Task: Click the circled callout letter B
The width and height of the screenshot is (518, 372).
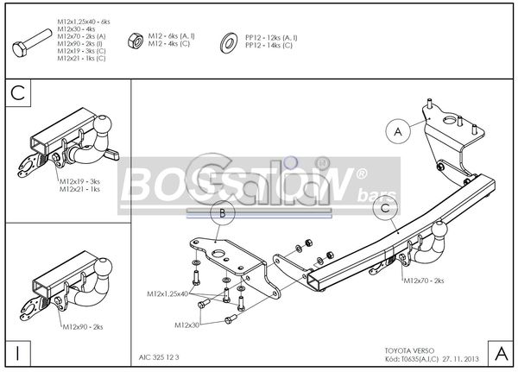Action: click(222, 212)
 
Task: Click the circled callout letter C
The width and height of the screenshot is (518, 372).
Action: click(384, 205)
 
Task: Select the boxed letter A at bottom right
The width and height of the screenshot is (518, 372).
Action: click(501, 353)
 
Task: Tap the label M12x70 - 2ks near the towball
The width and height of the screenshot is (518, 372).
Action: click(425, 281)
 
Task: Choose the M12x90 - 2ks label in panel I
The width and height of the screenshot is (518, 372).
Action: click(82, 327)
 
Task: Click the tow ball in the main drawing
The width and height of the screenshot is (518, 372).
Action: click(440, 232)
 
